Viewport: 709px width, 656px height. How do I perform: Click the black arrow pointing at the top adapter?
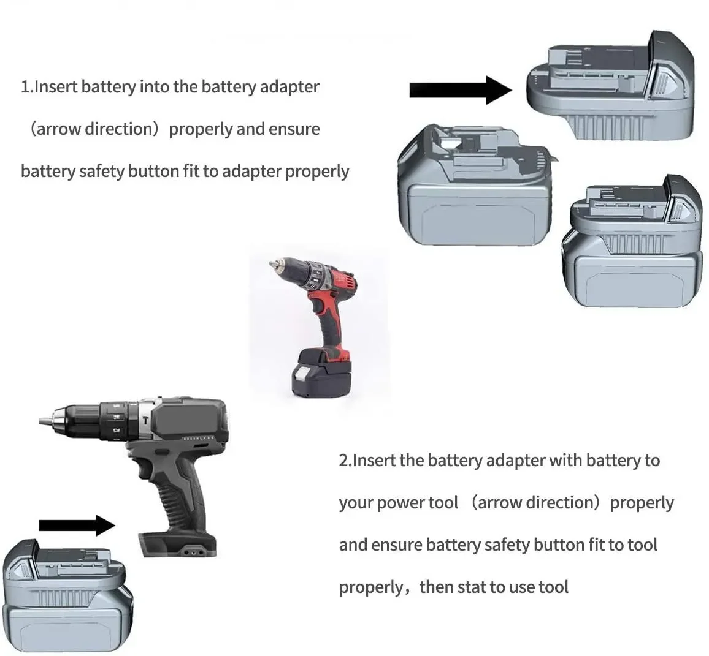(x=461, y=90)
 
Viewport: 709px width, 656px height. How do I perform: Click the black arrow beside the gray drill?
(x=77, y=525)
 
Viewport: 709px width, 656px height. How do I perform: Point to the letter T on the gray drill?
(x=145, y=420)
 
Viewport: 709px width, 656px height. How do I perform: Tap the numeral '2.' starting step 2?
(x=345, y=461)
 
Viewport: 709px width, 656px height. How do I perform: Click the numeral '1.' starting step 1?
(x=26, y=87)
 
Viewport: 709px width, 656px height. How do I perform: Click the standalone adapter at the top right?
(x=610, y=85)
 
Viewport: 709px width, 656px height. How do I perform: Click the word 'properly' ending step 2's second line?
(x=642, y=503)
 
